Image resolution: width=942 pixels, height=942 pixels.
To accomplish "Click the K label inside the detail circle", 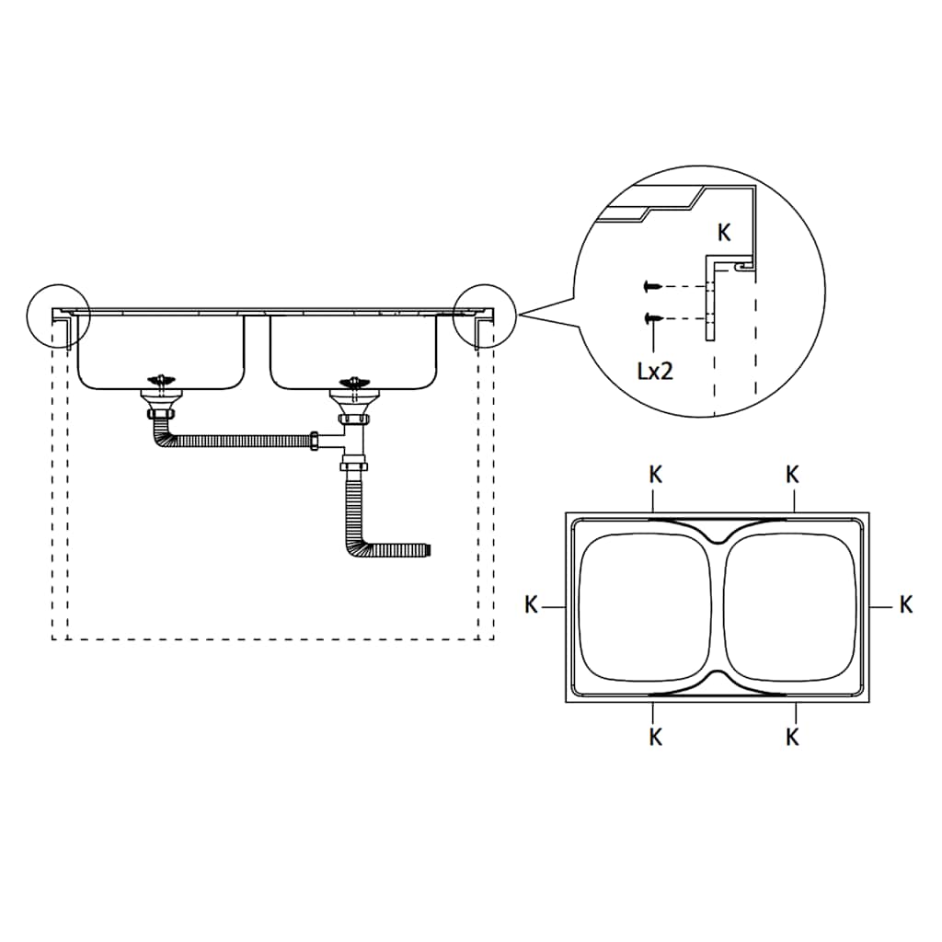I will pos(724,234).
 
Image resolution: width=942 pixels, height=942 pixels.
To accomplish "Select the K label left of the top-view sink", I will pos(531,605).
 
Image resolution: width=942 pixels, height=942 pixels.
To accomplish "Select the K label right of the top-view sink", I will pos(906,604).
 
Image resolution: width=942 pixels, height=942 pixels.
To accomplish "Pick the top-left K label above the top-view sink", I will pos(655,476).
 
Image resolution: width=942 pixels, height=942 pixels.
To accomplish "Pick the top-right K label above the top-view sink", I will pos(792,476).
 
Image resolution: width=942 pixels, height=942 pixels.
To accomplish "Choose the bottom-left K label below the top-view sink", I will pos(655,737).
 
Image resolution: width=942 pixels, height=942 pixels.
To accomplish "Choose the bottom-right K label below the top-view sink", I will pos(792,737).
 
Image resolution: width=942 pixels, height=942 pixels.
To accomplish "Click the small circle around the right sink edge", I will pos(485,315).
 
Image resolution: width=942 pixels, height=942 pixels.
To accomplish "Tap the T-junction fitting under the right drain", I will pos(350,442).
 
